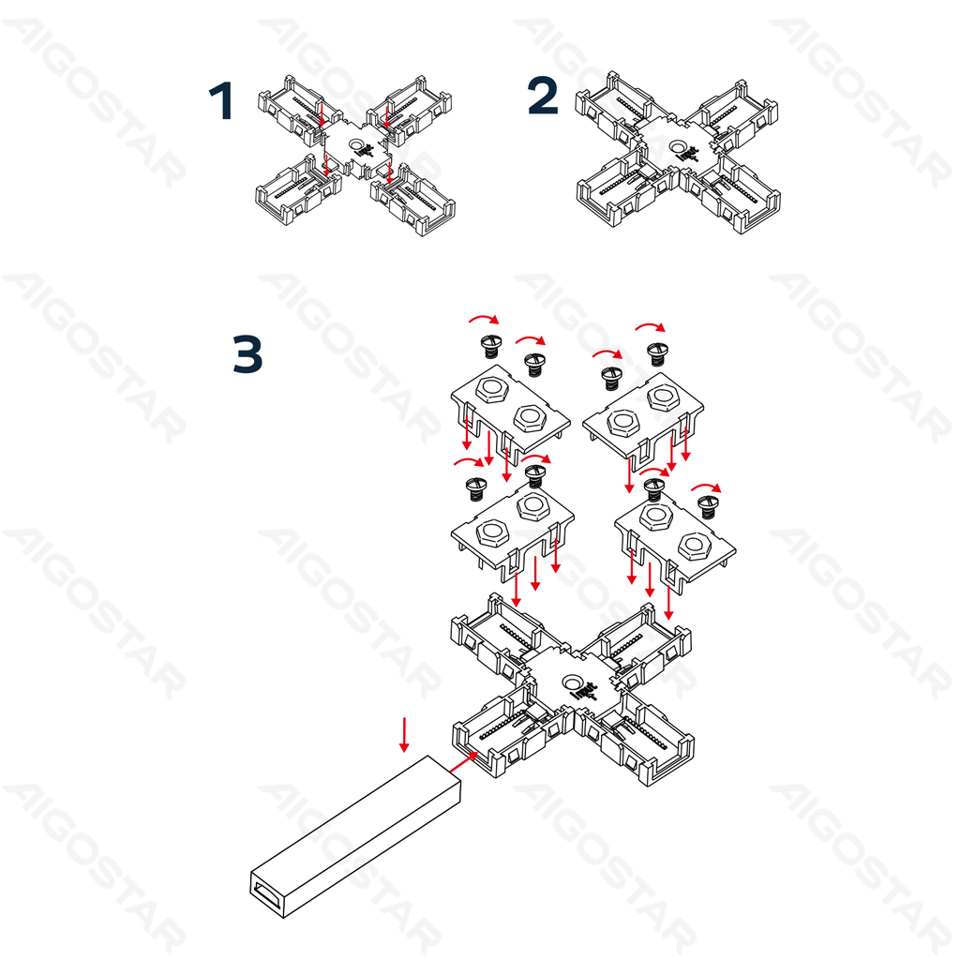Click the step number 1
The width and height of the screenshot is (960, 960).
tap(221, 101)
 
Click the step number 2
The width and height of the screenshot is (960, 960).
tap(543, 96)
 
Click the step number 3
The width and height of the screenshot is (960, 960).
tap(247, 353)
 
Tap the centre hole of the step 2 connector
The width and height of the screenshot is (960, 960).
tap(678, 147)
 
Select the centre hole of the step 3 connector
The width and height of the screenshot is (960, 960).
tap(573, 682)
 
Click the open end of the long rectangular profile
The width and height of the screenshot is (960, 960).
tap(268, 895)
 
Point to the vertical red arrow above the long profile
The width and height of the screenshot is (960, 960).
tap(404, 735)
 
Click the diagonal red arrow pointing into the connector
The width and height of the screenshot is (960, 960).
tap(463, 762)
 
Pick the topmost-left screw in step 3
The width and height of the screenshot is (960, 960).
tap(491, 346)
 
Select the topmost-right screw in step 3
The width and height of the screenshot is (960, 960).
tap(657, 353)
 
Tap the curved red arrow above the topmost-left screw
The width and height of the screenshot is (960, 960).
tap(485, 319)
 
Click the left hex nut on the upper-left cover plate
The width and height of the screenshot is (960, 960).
tap(491, 389)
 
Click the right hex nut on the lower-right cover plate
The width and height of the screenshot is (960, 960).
tap(694, 546)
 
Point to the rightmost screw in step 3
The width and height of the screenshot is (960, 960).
tap(709, 507)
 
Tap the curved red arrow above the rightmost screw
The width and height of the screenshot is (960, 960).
tap(707, 487)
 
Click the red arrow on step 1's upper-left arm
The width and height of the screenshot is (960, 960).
tap(322, 114)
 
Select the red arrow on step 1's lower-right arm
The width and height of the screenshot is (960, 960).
tap(389, 172)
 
